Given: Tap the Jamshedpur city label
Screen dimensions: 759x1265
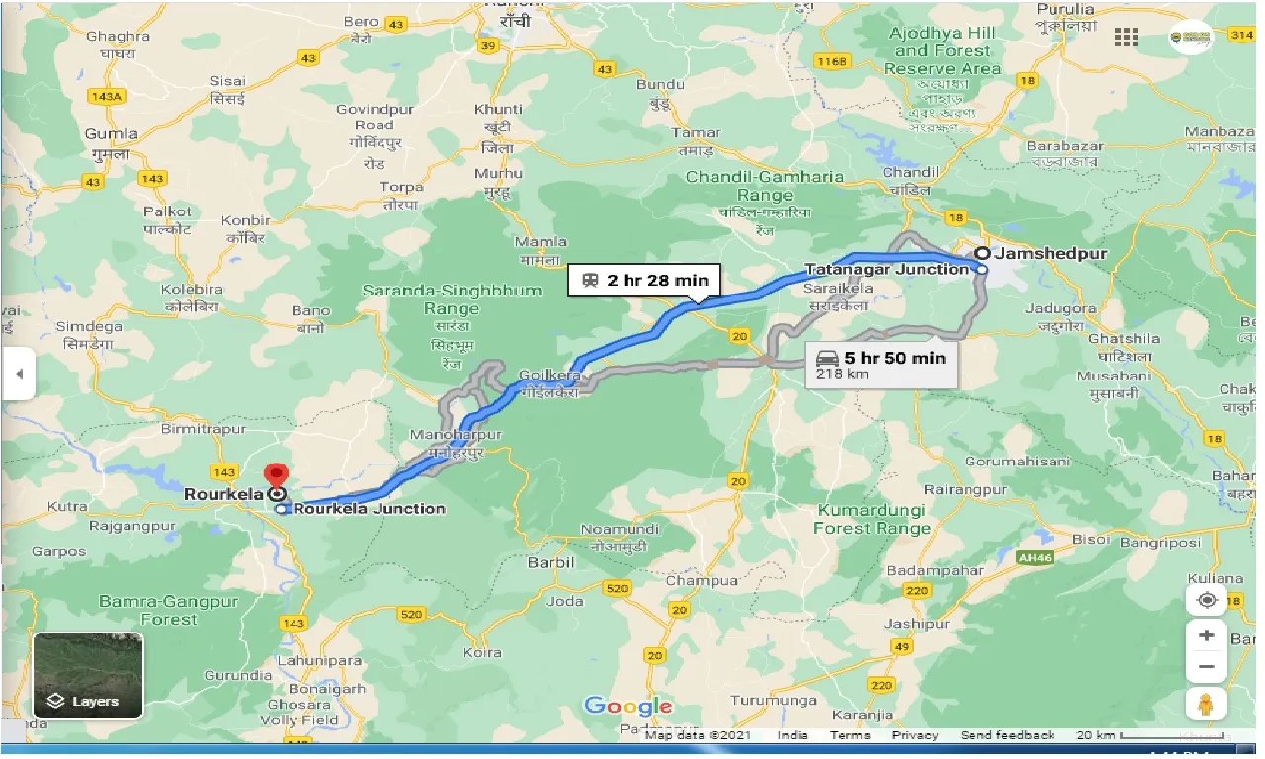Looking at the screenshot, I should tap(1051, 253).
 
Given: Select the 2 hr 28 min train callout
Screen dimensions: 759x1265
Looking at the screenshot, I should tap(644, 280).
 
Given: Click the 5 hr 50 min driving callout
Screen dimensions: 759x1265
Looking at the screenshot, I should tap(877, 363).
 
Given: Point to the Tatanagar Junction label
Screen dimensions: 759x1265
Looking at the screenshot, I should tap(886, 269).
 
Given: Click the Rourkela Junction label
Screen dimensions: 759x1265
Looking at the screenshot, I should tap(369, 508).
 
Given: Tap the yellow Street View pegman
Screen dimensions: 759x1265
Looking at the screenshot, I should tap(1206, 704).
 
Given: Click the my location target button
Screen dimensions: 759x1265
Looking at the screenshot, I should tap(1206, 600).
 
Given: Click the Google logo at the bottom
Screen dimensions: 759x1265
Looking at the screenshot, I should tap(628, 706).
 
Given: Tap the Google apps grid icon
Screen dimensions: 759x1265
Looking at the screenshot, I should tap(1126, 38).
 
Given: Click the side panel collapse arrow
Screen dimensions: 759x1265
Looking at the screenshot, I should tap(18, 375).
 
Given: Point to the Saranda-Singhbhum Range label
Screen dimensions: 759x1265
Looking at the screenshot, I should tap(452, 299).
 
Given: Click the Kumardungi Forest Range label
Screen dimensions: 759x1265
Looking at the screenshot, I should tap(870, 519).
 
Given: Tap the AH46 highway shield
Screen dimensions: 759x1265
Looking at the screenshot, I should tap(1034, 557).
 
